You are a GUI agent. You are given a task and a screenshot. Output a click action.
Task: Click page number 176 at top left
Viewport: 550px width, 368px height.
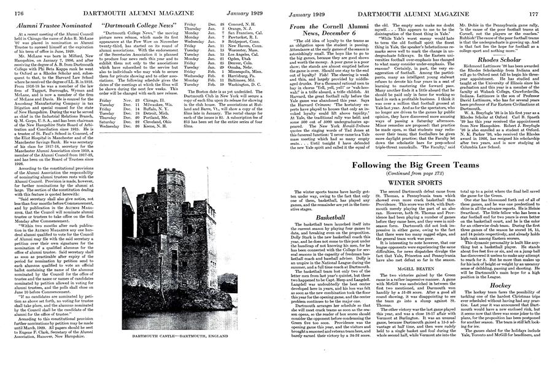10,6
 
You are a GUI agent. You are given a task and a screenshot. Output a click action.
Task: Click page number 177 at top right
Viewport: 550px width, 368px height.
540,6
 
